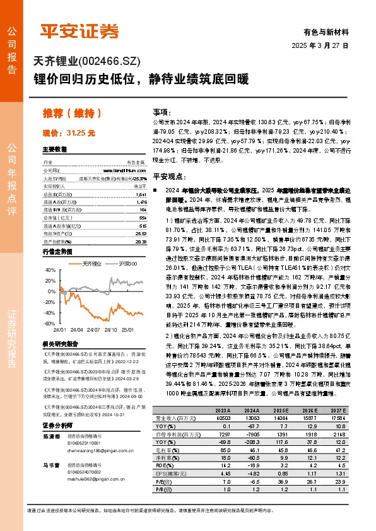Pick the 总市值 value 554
143,217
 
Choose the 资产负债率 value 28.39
141,241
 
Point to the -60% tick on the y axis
49,324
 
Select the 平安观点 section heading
167,178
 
